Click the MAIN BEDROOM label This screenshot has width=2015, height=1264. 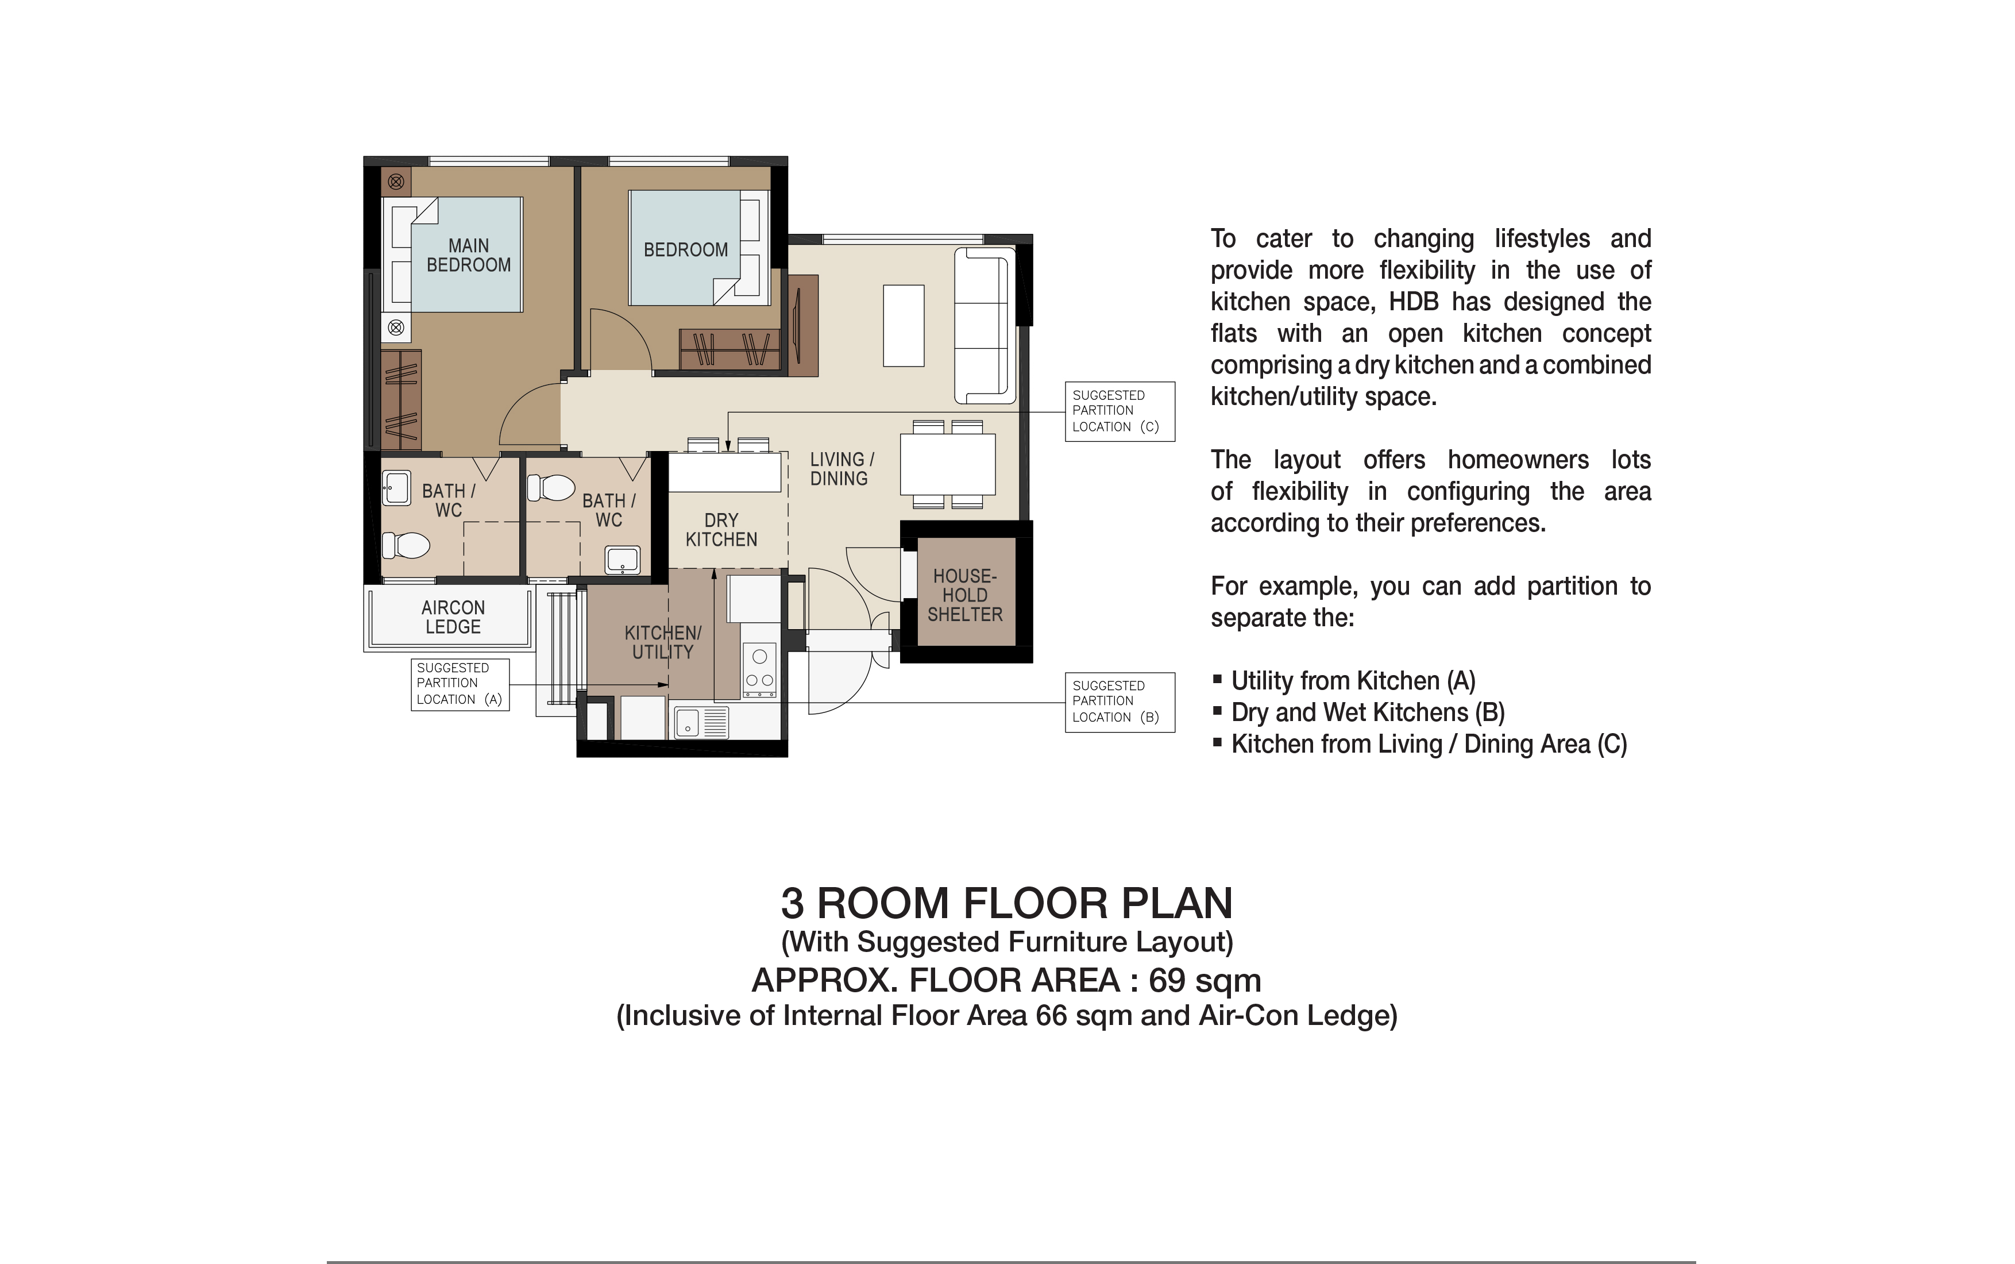click(468, 255)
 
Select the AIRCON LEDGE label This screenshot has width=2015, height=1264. click(453, 617)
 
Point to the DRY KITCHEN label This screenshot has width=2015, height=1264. click(721, 530)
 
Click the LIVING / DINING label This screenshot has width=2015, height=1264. click(841, 469)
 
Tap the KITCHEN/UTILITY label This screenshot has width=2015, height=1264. click(663, 642)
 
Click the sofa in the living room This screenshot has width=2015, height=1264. click(985, 326)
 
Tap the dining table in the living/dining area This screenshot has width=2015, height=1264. click(948, 464)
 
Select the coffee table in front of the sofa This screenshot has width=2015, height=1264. click(904, 325)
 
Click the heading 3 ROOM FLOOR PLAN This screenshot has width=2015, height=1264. click(1006, 903)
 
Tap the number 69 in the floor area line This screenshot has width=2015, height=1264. click(1167, 980)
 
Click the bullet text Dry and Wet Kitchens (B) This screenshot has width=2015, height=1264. click(1368, 712)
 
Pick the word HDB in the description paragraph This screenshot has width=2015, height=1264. click(1414, 302)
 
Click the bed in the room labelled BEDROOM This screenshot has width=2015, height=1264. click(685, 248)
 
